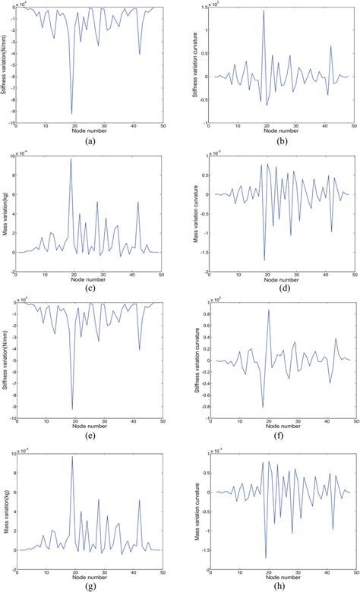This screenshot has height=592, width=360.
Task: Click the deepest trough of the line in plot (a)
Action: [x=72, y=113]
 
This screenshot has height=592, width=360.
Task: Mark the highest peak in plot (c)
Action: [x=72, y=159]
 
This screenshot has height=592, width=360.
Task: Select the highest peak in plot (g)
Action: [x=72, y=456]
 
